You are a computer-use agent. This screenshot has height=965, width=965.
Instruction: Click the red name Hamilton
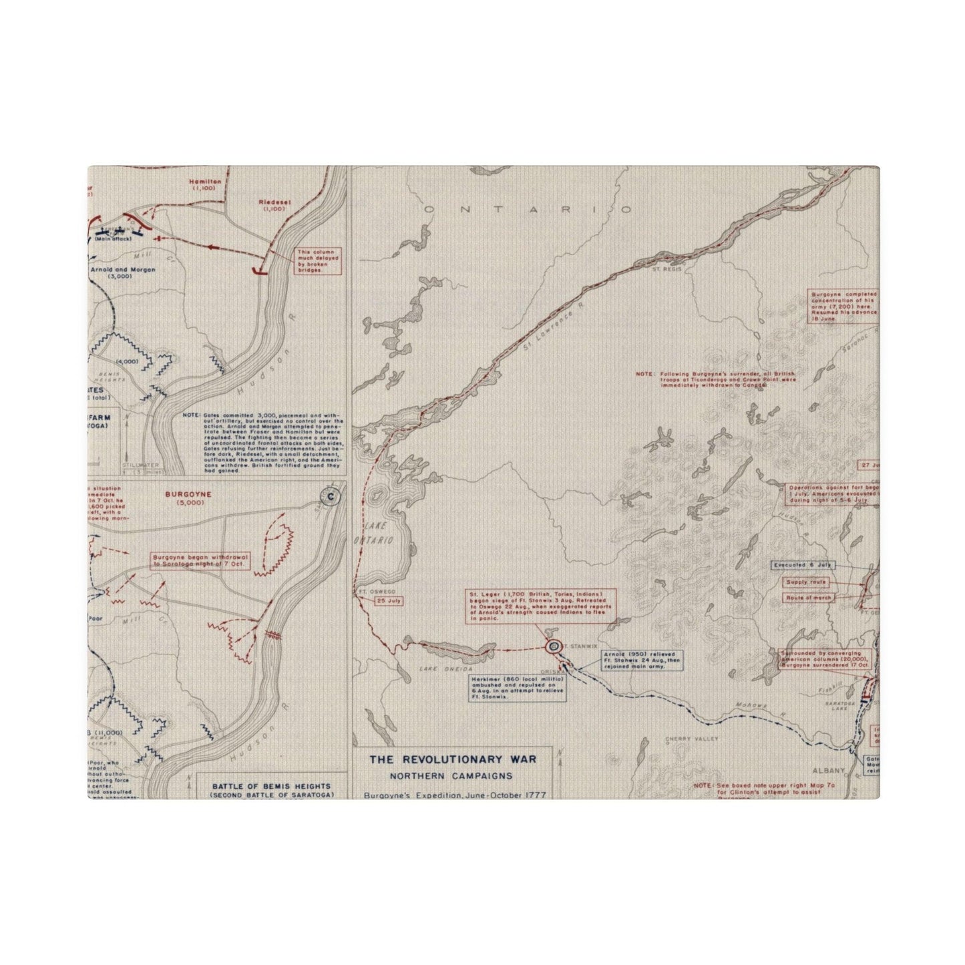click(200, 182)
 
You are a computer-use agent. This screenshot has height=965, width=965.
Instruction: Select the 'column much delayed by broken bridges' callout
click(319, 260)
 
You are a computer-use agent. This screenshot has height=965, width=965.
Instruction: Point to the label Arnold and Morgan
click(122, 270)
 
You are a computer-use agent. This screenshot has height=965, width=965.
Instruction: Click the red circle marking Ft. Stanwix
click(553, 646)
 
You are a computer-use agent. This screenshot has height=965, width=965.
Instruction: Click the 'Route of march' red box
click(809, 598)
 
